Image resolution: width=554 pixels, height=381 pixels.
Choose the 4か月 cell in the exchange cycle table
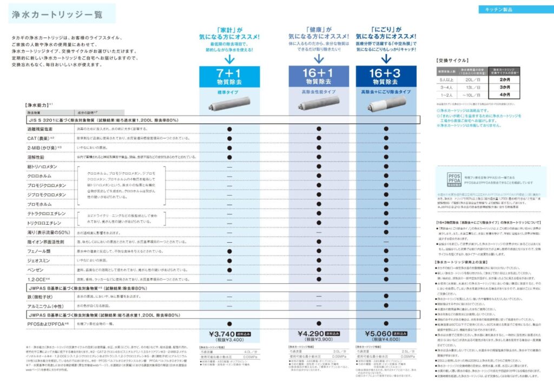[x=505, y=95]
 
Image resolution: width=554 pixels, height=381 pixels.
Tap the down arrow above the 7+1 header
[x=229, y=58]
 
